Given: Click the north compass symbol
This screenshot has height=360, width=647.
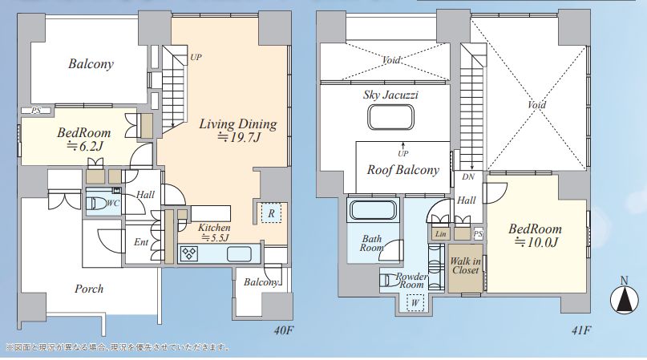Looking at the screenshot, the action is (624, 297).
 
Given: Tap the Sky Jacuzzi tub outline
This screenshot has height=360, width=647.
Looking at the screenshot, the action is (390, 117).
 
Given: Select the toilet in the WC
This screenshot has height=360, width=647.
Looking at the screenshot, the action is (97, 203).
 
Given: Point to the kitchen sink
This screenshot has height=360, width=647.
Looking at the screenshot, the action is (239, 253).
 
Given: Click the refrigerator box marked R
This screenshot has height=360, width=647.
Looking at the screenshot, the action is (271, 213).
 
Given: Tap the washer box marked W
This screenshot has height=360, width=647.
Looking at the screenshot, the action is (415, 302).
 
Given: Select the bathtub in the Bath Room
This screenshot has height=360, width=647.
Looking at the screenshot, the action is (373, 209).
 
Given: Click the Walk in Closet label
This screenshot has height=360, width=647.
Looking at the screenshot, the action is (465, 265).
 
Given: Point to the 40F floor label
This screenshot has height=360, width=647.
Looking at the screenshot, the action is (283, 330).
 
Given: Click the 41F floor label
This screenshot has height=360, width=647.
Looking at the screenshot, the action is (581, 330).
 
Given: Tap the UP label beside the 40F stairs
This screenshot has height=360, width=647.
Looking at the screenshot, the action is (196, 57).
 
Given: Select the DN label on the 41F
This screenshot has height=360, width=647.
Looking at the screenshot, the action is (468, 176).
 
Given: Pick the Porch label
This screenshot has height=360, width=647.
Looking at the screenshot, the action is (89, 288).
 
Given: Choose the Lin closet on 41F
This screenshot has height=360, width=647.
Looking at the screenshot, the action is (441, 233).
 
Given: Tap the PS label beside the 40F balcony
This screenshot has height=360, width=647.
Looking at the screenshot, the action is (36, 111).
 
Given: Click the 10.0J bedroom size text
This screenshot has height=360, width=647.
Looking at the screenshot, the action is (536, 242).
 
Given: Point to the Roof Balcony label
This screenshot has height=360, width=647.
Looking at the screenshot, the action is (403, 170).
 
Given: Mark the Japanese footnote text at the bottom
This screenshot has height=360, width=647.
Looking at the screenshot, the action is (118, 347).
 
